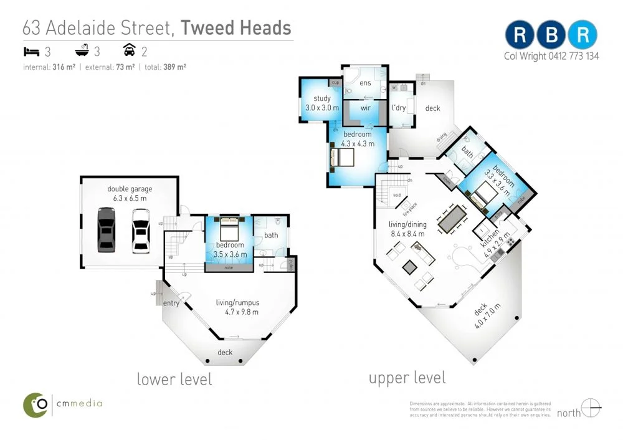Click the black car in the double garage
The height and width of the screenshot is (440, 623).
tap(107, 229)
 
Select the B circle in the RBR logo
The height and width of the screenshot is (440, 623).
tap(551, 36)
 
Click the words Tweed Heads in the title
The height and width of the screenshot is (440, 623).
tap(236, 27)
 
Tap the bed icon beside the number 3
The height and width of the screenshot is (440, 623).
tap(30, 52)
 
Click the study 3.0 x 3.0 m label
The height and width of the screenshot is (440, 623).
tap(322, 103)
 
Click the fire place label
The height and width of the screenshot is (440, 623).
tap(409, 208)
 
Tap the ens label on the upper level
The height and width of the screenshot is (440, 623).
tap(365, 83)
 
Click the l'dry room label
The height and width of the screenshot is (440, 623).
tap(399, 108)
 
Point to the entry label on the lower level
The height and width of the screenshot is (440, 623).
tap(171, 304)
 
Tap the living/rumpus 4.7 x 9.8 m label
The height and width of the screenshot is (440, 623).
tap(237, 307)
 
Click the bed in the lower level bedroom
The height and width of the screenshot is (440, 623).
tap(229, 229)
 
